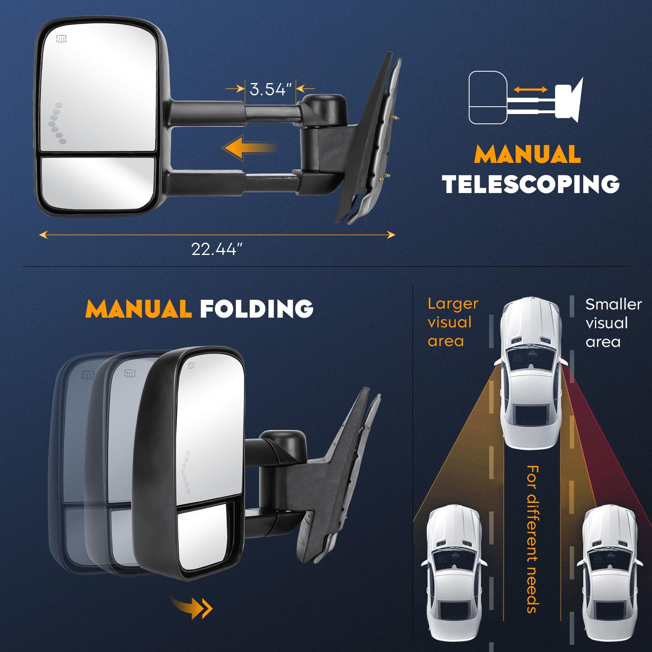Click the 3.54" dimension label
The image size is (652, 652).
point(270,89)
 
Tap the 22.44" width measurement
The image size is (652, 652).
point(216,249)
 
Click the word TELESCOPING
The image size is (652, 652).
point(531,184)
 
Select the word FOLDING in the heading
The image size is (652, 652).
point(257,309)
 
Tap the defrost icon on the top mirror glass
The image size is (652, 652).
point(61,39)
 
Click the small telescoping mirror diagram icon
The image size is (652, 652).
point(525,98)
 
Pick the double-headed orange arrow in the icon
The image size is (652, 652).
point(530,89)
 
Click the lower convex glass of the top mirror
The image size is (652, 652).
point(98,182)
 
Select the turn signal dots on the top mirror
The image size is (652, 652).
point(56,123)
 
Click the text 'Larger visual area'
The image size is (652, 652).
point(452,322)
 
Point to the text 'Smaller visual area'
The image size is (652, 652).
point(613,323)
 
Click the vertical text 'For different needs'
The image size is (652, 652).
point(533,539)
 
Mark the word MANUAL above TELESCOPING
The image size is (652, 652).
point(527,154)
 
